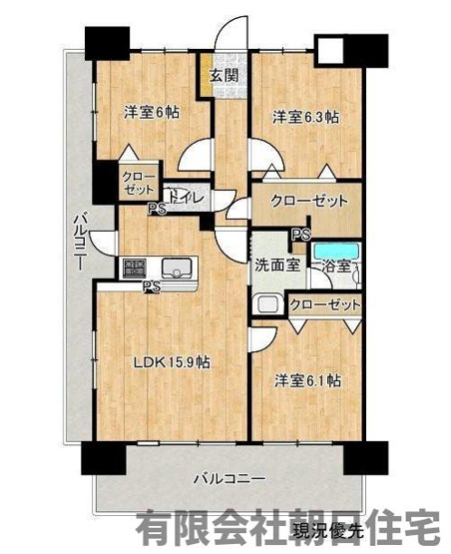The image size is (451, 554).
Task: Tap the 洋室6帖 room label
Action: point(151,111)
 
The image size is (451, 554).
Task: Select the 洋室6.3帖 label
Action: point(306,117)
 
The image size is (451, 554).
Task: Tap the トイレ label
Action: point(187,199)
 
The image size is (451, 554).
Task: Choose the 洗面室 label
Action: point(275,266)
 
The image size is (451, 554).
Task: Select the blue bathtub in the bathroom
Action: point(334,249)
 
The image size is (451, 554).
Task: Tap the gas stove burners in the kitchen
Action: point(135,268)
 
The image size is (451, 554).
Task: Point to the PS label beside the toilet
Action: point(156,210)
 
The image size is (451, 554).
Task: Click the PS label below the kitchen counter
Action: point(152,286)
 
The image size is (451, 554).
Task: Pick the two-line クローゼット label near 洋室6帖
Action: point(138,182)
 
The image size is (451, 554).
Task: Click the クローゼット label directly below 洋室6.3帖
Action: point(302,201)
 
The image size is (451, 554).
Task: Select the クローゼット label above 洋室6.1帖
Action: point(324,304)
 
